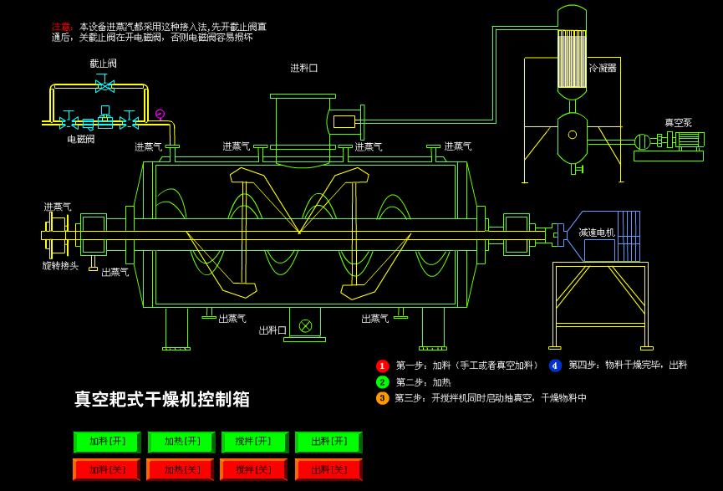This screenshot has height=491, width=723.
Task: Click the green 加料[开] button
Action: point(107,442)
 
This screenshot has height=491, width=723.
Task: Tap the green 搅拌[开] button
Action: point(255,442)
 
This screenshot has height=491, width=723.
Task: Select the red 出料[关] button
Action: point(328,470)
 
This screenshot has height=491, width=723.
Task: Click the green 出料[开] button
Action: point(328,442)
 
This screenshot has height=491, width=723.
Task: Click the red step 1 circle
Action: point(382,366)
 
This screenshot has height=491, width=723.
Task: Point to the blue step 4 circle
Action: point(555,366)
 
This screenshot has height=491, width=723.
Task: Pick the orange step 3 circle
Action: point(382,398)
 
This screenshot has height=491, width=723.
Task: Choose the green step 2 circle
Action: point(382,382)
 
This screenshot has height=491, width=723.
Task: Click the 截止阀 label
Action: point(104,64)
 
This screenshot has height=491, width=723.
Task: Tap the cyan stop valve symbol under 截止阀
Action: point(105,84)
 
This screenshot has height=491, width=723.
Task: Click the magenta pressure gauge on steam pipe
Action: point(160,114)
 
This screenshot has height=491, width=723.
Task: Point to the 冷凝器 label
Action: point(603,68)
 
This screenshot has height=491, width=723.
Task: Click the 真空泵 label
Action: point(678,123)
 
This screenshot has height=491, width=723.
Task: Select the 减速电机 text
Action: point(597,233)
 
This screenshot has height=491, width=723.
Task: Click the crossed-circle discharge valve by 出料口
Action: point(305,325)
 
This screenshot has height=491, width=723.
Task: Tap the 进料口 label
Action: point(304,69)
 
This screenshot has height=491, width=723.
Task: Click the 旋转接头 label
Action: point(60,265)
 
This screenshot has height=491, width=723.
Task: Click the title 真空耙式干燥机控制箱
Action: point(162,399)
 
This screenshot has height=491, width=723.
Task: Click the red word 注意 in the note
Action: point(60,27)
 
